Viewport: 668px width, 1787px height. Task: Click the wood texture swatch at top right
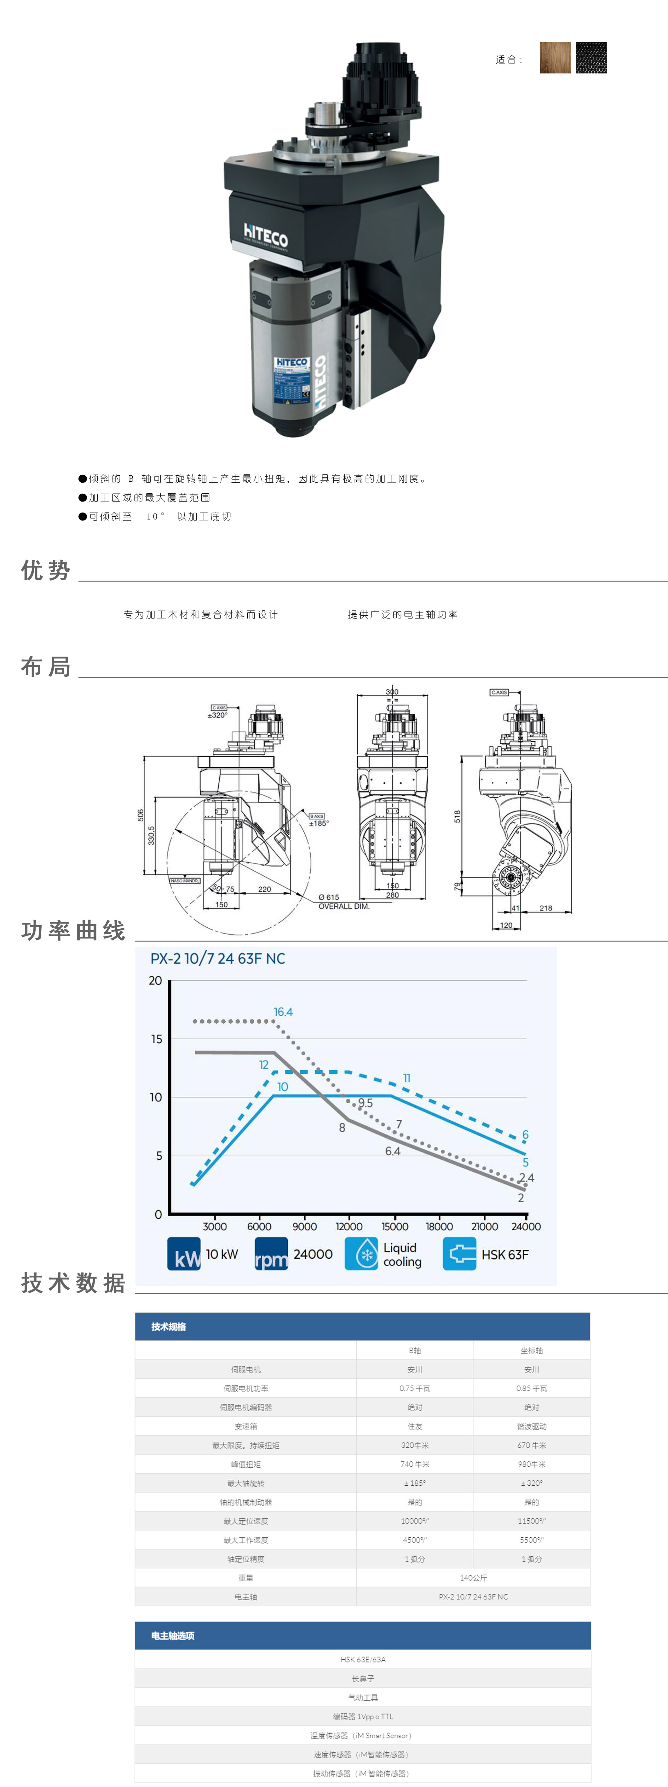[555, 58]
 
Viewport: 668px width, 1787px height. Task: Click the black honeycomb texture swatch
[591, 58]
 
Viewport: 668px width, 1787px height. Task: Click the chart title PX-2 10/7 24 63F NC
[218, 958]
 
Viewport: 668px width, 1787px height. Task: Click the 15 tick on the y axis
[156, 1038]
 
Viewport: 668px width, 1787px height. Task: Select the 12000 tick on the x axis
[349, 1227]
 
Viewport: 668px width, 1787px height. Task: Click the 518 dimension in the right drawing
[457, 816]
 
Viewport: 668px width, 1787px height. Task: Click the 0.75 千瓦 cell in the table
[415, 1388]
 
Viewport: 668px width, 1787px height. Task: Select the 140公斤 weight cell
[473, 1577]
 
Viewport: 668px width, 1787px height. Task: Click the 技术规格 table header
[169, 1326]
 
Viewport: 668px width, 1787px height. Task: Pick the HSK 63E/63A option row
[363, 1659]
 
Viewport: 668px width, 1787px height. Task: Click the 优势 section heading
[46, 570]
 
